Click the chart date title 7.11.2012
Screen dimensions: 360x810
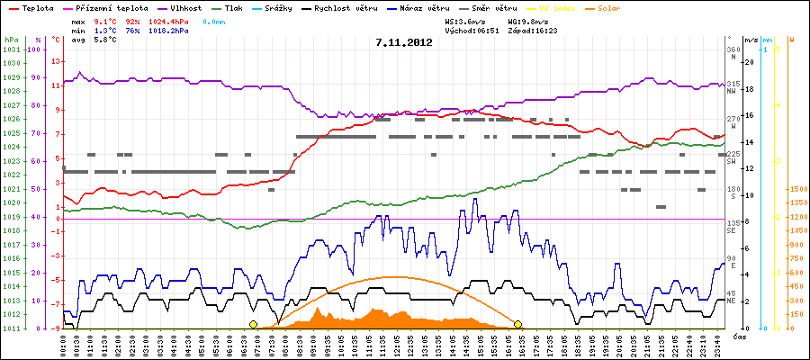coord(404,41)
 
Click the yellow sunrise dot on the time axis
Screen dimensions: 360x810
coord(254,324)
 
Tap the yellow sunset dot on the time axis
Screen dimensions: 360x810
coord(517,324)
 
